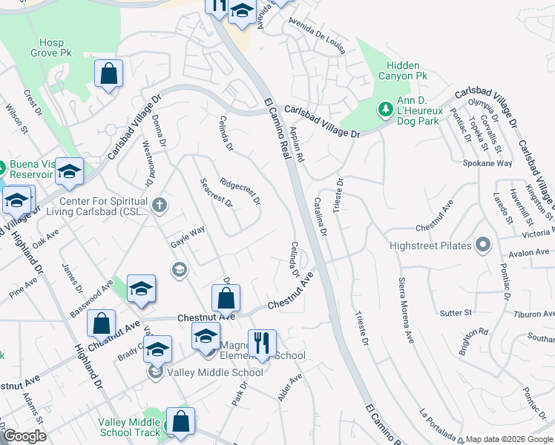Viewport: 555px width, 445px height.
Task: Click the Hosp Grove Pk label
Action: [50, 47]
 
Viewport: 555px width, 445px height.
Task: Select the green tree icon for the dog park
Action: [385, 111]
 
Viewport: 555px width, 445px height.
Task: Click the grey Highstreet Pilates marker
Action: [483, 245]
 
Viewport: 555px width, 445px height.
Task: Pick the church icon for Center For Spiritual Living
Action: [158, 204]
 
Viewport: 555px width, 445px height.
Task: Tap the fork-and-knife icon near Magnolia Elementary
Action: [261, 343]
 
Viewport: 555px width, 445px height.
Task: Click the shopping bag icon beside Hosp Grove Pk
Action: [108, 73]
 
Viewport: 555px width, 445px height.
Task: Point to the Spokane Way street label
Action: [487, 163]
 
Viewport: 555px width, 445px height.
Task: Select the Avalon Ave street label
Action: [529, 252]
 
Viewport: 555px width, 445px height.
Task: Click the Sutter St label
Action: [457, 313]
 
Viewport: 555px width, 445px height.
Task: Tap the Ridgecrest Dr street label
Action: [240, 191]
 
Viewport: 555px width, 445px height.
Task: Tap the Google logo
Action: [24, 437]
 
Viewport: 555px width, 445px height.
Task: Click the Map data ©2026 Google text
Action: [509, 439]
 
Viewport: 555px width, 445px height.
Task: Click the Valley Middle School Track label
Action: [129, 427]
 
